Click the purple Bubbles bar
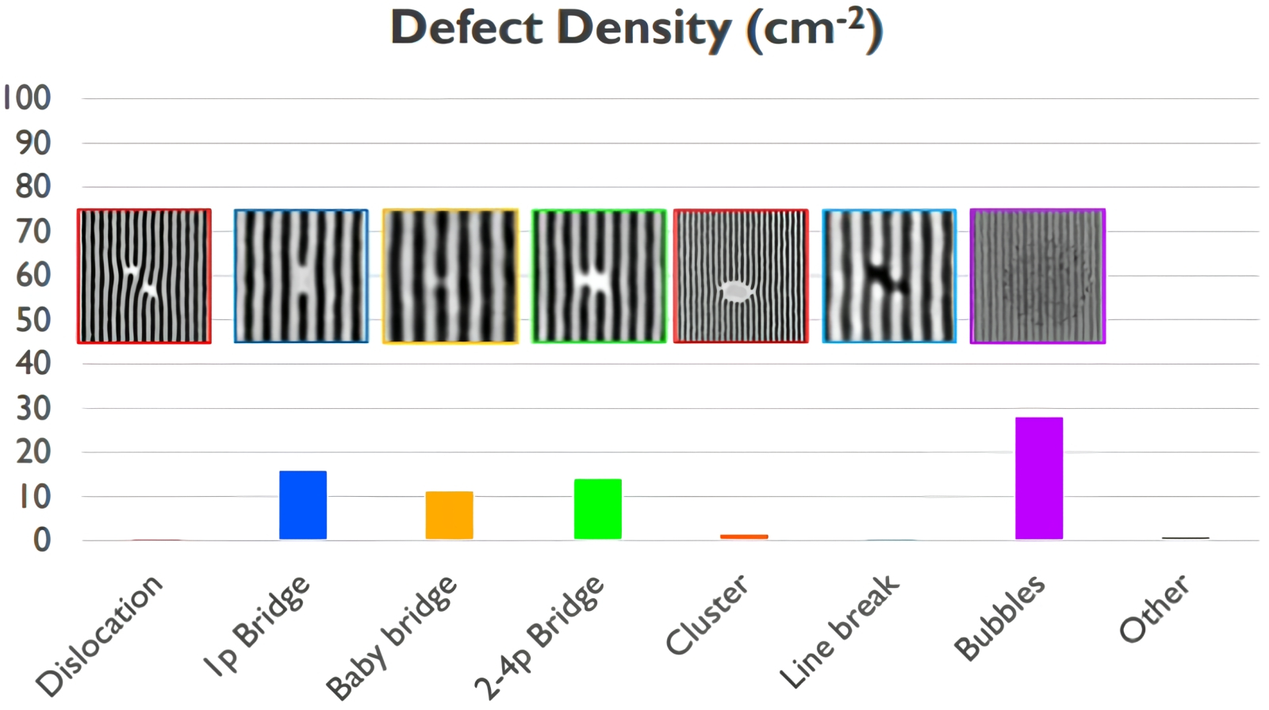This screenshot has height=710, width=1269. (x=1038, y=478)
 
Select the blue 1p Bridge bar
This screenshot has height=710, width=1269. (x=302, y=505)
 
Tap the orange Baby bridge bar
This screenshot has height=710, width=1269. (x=449, y=515)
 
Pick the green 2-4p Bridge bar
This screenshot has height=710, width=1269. (x=597, y=509)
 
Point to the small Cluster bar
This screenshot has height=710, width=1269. (x=744, y=536)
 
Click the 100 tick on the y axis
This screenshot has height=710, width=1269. (x=27, y=98)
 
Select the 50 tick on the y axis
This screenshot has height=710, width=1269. (x=33, y=320)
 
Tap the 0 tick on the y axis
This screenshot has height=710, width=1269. (x=41, y=540)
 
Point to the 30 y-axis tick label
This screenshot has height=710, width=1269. (x=33, y=409)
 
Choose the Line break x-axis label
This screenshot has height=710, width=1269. (x=839, y=631)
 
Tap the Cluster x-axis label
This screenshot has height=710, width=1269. (x=706, y=615)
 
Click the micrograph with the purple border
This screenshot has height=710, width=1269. (x=1037, y=276)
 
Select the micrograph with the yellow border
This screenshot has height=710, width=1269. (x=450, y=276)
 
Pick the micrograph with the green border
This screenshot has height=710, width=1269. (x=599, y=276)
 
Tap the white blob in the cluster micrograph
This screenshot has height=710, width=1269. (x=736, y=291)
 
